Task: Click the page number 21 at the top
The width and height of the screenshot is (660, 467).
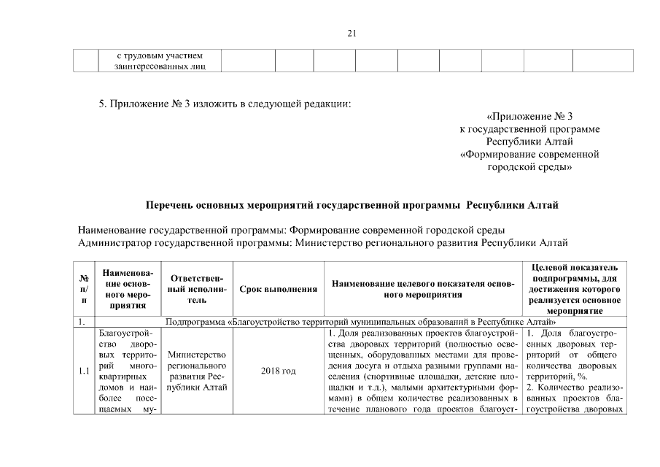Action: coord(352,33)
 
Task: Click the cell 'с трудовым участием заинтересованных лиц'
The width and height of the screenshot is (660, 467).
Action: coord(160,61)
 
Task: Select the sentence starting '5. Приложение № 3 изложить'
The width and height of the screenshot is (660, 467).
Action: coord(225,103)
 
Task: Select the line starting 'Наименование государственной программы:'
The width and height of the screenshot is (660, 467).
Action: coord(291,230)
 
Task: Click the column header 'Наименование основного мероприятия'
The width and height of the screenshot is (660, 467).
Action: coord(128,289)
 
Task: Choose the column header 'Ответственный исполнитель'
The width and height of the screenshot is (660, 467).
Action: coord(195,289)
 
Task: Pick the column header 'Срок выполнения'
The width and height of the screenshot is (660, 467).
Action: coord(278,290)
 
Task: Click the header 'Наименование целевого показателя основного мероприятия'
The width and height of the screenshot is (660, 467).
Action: coord(423,289)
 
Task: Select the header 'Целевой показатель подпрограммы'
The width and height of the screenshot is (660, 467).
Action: coord(575,289)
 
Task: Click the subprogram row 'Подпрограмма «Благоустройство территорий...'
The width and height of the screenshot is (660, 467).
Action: coord(360,321)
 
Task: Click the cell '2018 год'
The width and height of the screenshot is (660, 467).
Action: coord(278,371)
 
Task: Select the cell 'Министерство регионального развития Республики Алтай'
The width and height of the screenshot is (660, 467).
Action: coord(195,371)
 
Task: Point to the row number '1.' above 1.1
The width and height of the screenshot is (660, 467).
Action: coord(82,321)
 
